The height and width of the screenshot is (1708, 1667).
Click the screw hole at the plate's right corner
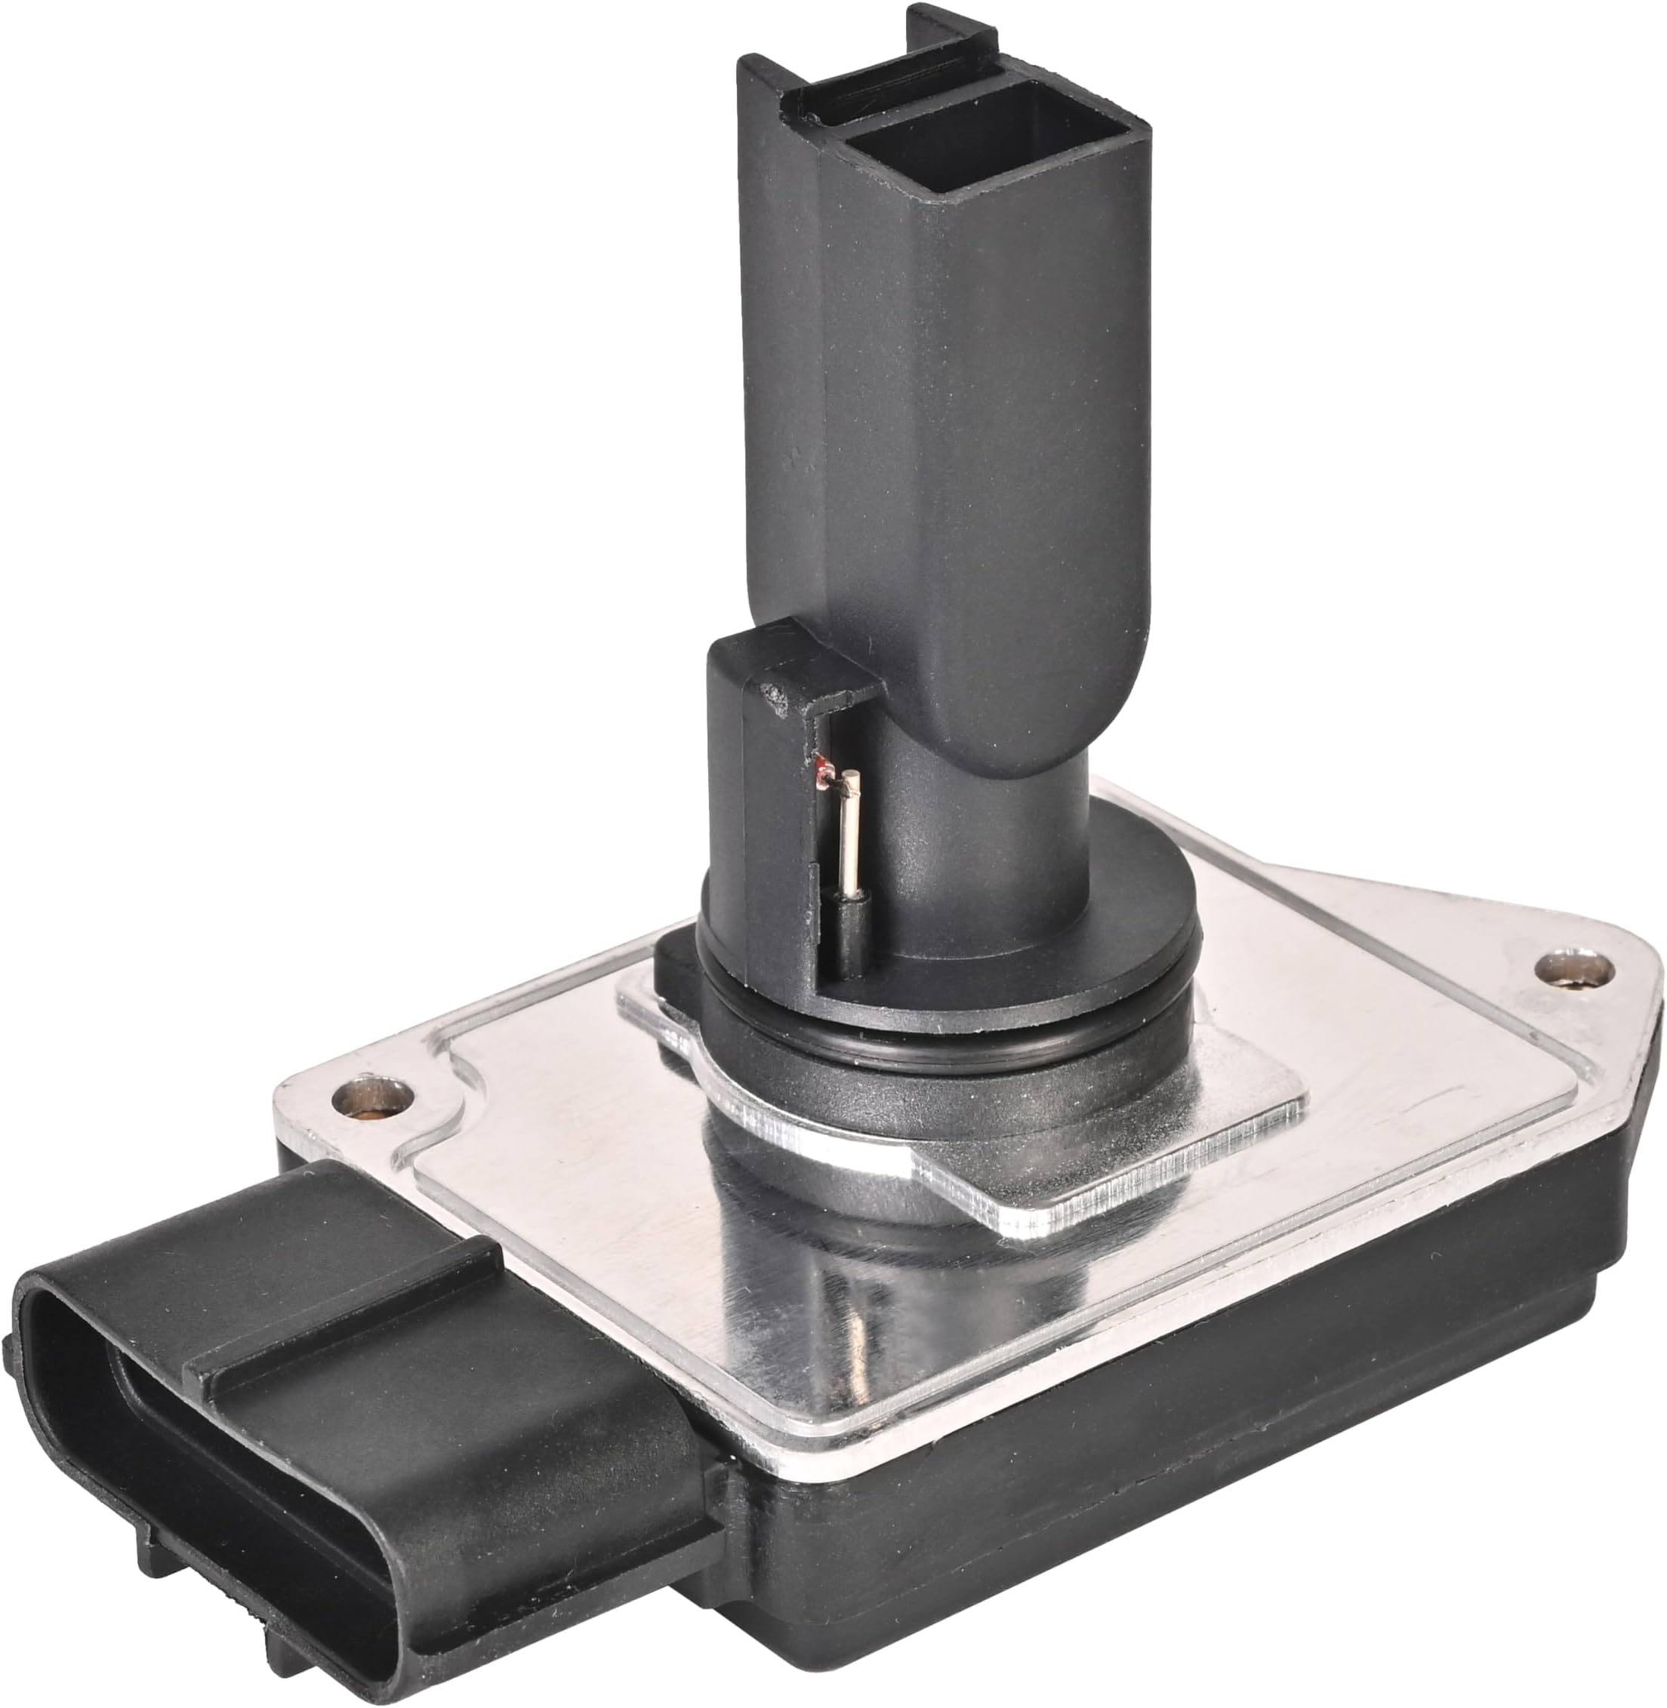tap(1575, 969)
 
